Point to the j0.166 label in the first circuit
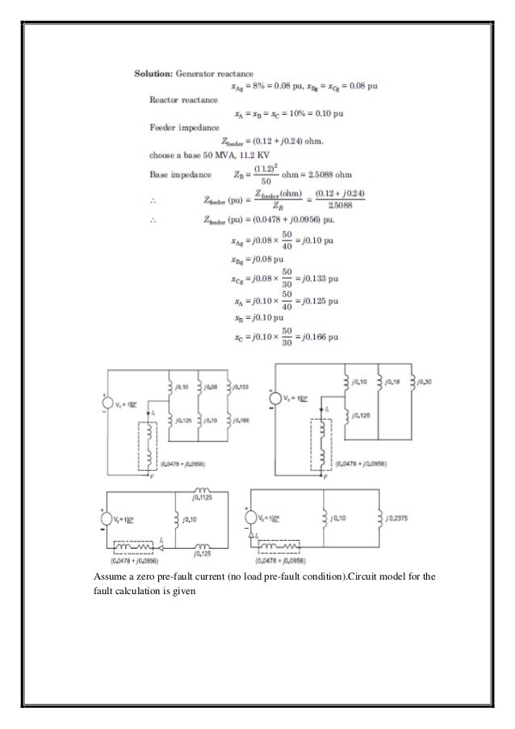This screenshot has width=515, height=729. click(x=239, y=421)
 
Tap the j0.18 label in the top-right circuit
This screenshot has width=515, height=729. click(x=394, y=381)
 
